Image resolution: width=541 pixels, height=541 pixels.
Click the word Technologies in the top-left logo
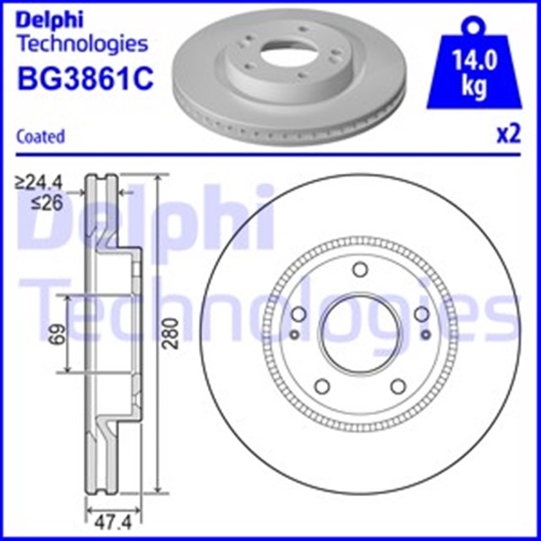(x=82, y=43)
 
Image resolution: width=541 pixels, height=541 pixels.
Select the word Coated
(x=41, y=135)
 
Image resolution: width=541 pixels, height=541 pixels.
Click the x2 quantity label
(x=507, y=135)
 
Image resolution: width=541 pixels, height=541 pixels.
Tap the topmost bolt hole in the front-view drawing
(x=359, y=270)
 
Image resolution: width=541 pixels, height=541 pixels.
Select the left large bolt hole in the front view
(x=298, y=315)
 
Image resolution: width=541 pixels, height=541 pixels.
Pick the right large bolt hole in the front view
(x=421, y=315)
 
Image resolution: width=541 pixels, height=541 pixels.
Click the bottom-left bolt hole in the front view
(x=321, y=387)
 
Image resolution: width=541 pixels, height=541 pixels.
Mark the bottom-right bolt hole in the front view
(x=397, y=387)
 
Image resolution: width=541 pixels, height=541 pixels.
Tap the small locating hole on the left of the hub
(x=292, y=336)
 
